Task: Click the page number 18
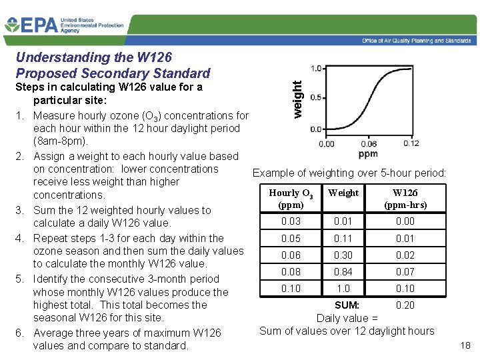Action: point(465,345)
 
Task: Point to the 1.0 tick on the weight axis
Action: point(317,68)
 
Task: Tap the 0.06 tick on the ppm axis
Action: point(369,143)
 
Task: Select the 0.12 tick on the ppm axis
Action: point(411,143)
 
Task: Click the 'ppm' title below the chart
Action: point(368,155)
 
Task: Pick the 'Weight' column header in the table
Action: point(344,193)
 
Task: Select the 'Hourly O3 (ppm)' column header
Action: point(291,199)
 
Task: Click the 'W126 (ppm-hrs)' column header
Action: point(405,199)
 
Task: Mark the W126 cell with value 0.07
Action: point(405,272)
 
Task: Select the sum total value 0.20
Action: point(405,305)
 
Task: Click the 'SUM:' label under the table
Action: point(347,305)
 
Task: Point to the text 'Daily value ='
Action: point(347,318)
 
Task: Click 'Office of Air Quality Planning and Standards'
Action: point(417,41)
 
